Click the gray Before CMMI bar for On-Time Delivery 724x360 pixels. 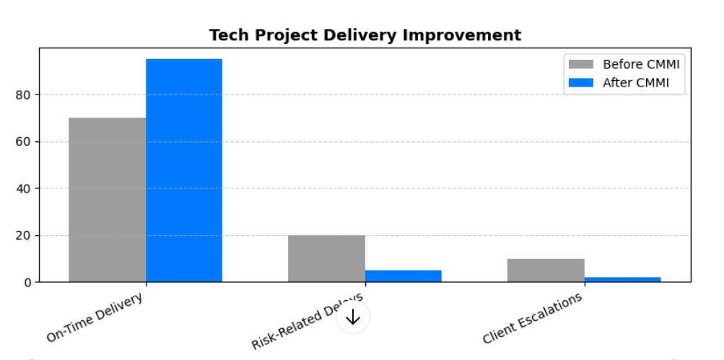pyautogui.click(x=107, y=199)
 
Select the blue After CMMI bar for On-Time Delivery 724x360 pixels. pyautogui.click(x=184, y=170)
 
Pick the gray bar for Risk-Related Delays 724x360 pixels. pyautogui.click(x=326, y=258)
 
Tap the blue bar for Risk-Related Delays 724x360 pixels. pyautogui.click(x=403, y=276)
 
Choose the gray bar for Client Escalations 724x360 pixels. pyautogui.click(x=546, y=270)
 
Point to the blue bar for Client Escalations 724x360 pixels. pyautogui.click(x=622, y=279)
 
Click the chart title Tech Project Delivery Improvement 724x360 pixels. pyautogui.click(x=365, y=35)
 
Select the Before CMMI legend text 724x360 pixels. pyautogui.click(x=641, y=64)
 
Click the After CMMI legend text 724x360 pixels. pyautogui.click(x=635, y=83)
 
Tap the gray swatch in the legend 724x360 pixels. pyautogui.click(x=581, y=64)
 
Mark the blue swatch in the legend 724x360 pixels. pyautogui.click(x=581, y=83)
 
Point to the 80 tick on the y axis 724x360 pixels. pyautogui.click(x=23, y=95)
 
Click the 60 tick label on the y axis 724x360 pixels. pyautogui.click(x=23, y=141)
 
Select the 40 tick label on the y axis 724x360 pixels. pyautogui.click(x=23, y=188)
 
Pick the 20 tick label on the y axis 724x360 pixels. pyautogui.click(x=23, y=235)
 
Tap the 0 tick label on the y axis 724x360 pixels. pyautogui.click(x=27, y=282)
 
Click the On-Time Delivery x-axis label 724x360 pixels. pyautogui.click(x=95, y=317)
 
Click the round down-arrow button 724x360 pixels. pyautogui.click(x=353, y=317)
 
